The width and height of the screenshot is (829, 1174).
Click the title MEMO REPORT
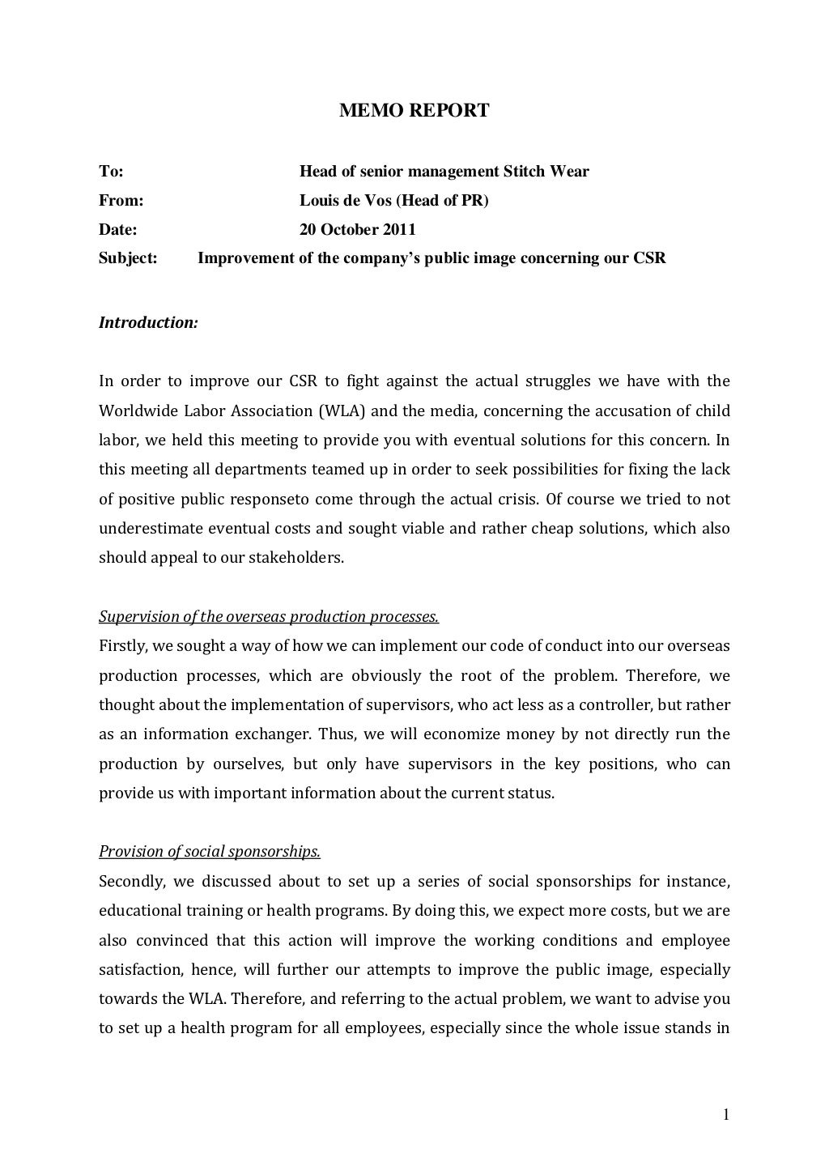(414, 111)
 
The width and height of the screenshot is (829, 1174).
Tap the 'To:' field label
(111, 172)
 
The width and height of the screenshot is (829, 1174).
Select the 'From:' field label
(121, 201)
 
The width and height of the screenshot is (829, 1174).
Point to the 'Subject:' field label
(128, 259)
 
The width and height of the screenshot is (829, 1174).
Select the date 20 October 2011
(358, 230)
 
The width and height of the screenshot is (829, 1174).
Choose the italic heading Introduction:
(148, 323)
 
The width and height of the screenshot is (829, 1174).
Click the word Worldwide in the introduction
(134, 411)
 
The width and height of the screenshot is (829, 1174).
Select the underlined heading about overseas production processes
(269, 617)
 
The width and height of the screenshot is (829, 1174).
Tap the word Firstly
(121, 646)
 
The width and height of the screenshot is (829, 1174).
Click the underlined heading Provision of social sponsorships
(210, 852)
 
